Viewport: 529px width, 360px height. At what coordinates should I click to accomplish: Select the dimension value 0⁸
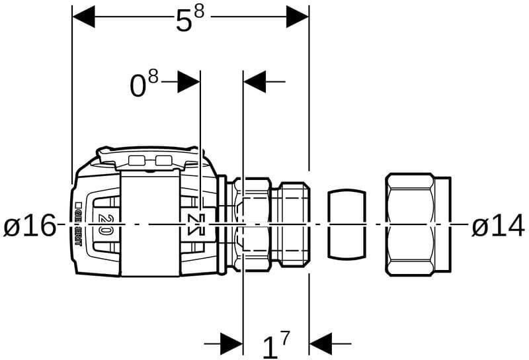tap(144, 84)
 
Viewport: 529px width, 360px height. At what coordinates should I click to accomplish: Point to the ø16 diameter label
tap(29, 226)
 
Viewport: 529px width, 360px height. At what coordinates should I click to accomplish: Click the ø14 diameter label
tap(497, 226)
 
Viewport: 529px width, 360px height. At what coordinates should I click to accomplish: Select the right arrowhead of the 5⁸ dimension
tap(298, 17)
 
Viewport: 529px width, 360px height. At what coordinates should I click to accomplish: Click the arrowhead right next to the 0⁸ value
tap(188, 82)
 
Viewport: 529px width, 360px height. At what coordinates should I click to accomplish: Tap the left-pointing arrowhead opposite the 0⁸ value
tap(255, 82)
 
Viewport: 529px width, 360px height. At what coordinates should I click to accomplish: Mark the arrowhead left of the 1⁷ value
tap(231, 343)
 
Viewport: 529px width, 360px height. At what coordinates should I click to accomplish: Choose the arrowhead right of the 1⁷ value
tap(321, 343)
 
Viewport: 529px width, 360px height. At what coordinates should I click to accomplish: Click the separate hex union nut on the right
tap(418, 225)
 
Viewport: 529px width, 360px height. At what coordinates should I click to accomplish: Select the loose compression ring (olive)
tap(347, 225)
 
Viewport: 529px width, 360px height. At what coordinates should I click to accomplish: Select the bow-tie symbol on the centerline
tap(194, 225)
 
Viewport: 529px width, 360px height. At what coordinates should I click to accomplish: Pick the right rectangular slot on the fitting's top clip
tap(163, 160)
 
